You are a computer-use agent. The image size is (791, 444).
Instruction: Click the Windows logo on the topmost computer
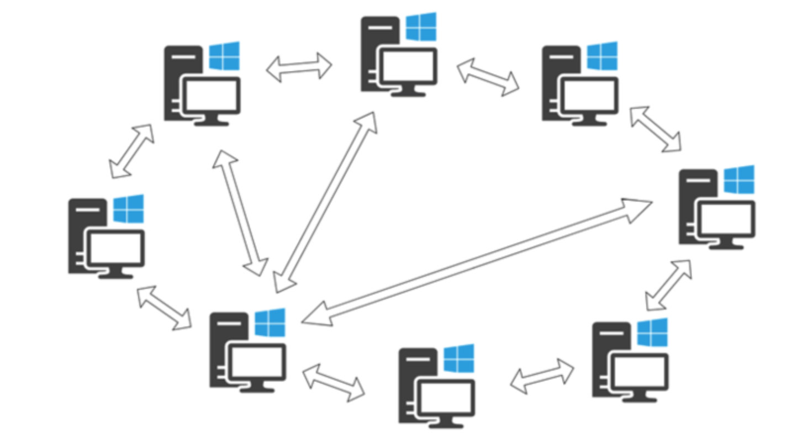click(x=421, y=27)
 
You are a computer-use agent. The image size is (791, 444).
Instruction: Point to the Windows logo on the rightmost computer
click(x=739, y=179)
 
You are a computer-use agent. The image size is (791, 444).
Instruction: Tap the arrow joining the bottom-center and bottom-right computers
click(x=542, y=376)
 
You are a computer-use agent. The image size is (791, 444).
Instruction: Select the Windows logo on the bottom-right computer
click(x=652, y=332)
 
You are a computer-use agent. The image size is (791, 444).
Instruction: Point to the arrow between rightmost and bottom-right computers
click(x=668, y=284)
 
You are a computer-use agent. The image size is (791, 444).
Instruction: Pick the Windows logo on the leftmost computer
click(x=128, y=208)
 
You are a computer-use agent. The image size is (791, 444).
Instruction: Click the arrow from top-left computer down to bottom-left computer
click(x=240, y=213)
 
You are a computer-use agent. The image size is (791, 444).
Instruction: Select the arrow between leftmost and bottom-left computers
click(x=165, y=308)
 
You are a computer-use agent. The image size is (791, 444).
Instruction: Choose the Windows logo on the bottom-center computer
click(x=458, y=358)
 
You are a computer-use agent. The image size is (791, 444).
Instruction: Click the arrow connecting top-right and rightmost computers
click(x=655, y=129)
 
